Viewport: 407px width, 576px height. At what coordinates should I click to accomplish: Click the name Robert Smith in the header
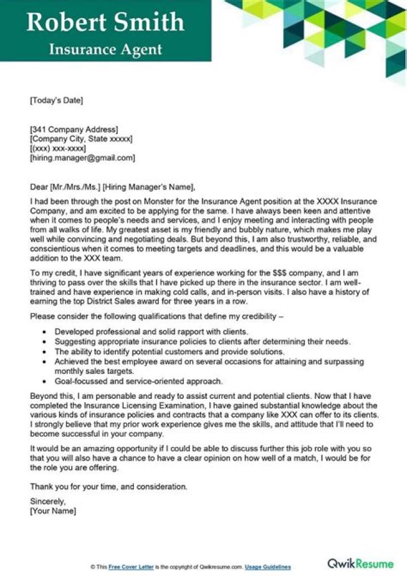(x=105, y=22)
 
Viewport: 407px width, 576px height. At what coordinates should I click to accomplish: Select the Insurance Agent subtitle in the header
(x=105, y=49)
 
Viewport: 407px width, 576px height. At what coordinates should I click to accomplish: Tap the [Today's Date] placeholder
(x=56, y=101)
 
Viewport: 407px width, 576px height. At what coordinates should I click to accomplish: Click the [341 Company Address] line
(x=73, y=130)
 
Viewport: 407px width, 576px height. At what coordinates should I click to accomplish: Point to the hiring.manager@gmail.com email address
(x=83, y=158)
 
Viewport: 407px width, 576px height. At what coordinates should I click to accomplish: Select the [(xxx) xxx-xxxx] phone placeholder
(x=58, y=149)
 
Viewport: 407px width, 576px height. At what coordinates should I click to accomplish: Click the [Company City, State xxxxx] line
(x=81, y=139)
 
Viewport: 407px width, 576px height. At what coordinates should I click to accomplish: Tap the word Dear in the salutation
(x=39, y=187)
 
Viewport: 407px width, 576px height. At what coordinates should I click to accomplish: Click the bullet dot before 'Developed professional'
(x=45, y=332)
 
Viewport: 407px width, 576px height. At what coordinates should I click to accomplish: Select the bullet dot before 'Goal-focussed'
(x=45, y=381)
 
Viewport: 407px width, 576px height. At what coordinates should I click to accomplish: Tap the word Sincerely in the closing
(x=48, y=501)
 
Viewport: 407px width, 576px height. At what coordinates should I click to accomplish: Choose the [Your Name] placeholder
(x=53, y=511)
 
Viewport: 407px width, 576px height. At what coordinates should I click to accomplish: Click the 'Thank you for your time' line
(x=109, y=487)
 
